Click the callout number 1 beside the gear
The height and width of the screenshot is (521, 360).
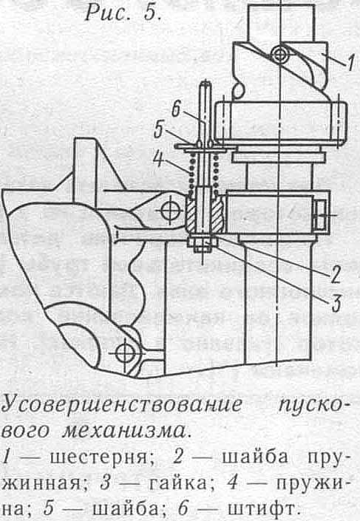[x=350, y=63]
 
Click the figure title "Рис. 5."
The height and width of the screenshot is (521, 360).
[x=123, y=13]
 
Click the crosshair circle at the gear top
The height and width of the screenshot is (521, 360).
[x=280, y=55]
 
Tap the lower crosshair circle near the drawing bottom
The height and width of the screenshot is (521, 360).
[x=126, y=353]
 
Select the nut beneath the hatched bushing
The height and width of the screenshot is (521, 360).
[x=202, y=242]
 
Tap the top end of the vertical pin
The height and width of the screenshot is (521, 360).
[x=206, y=84]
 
